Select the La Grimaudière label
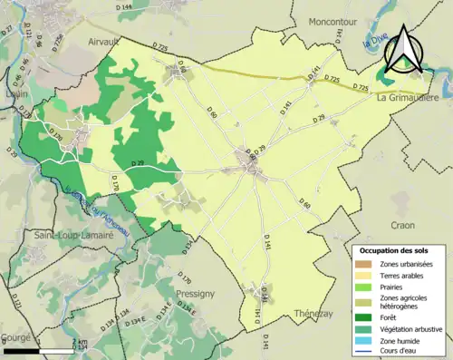(408, 97)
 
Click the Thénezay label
(314, 313)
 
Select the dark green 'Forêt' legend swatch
(364, 317)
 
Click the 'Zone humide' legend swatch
(364, 340)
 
